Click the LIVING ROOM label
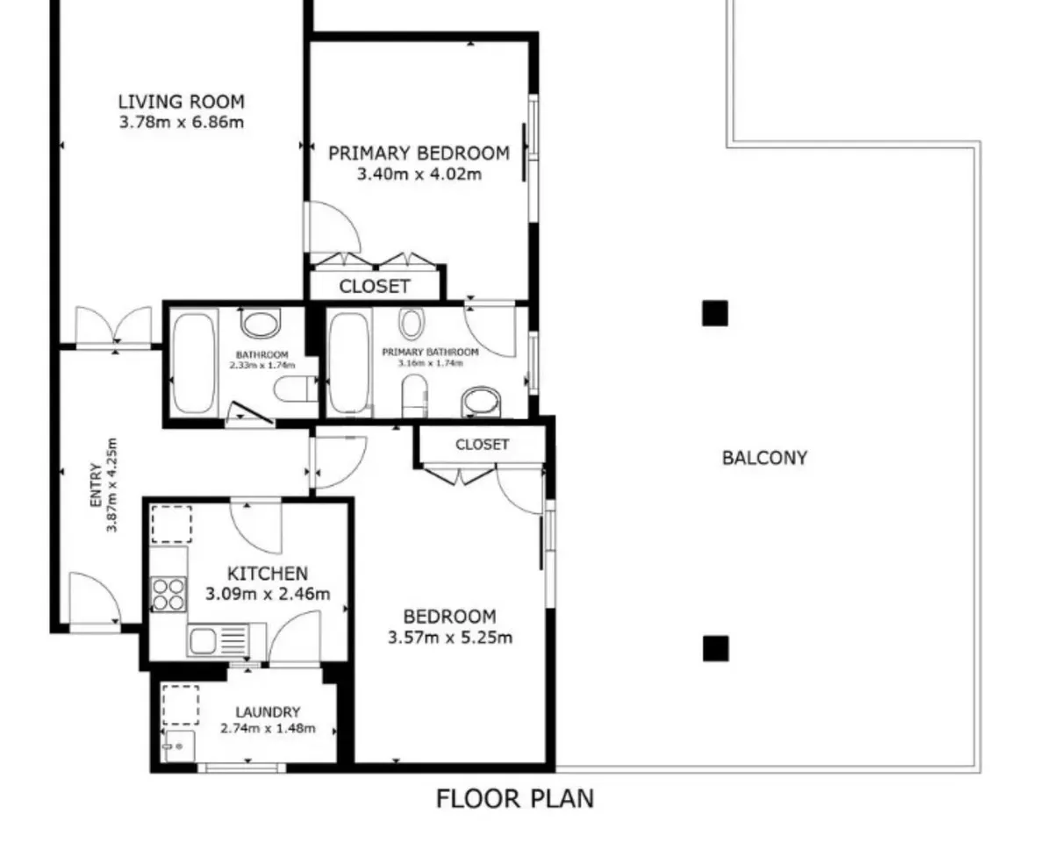[x=182, y=102]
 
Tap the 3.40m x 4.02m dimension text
[x=419, y=174]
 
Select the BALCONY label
[x=765, y=458]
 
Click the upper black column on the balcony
[x=715, y=313]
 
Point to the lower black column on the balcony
[x=716, y=649]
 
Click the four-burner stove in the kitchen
[x=168, y=595]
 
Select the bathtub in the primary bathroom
[x=349, y=363]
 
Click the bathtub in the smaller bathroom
[x=194, y=363]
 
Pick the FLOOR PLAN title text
[x=515, y=799]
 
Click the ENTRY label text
[x=97, y=485]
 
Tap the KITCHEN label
[x=268, y=574]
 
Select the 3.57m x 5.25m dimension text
[x=450, y=638]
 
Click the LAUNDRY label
[x=268, y=712]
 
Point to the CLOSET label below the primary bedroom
[x=375, y=287]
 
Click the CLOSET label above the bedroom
[x=482, y=445]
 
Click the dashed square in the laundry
[x=181, y=705]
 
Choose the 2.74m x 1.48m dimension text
[x=268, y=729]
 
